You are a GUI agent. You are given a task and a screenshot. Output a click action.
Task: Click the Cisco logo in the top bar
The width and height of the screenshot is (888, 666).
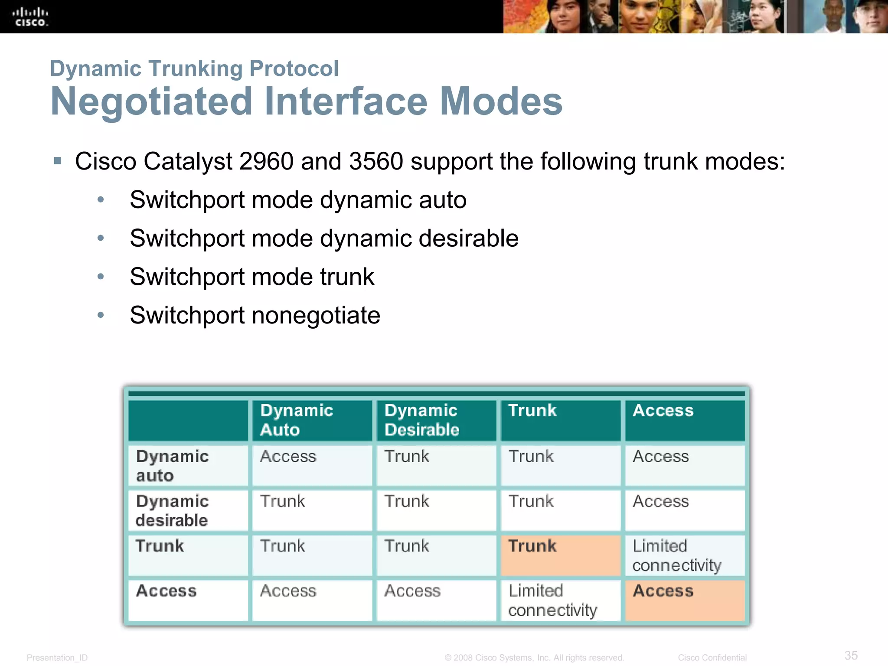(x=30, y=17)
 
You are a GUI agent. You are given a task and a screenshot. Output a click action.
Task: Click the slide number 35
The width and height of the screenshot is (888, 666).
(x=851, y=655)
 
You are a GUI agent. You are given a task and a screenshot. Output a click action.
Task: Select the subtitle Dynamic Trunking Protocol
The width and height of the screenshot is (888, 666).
(x=194, y=69)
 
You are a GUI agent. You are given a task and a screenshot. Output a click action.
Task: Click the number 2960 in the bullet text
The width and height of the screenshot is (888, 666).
(x=266, y=161)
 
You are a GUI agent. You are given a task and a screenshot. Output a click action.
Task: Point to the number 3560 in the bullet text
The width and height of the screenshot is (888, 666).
(x=376, y=161)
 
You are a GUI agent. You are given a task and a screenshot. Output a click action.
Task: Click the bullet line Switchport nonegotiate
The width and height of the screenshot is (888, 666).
(x=255, y=315)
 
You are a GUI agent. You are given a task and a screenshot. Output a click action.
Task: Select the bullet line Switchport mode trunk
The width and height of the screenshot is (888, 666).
(x=252, y=277)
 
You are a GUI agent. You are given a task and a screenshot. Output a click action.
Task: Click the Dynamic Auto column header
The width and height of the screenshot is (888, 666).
(x=297, y=420)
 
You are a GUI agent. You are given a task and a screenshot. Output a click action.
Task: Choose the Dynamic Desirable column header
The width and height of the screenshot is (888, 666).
(x=421, y=420)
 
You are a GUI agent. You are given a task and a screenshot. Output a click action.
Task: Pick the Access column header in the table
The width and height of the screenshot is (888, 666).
(x=663, y=411)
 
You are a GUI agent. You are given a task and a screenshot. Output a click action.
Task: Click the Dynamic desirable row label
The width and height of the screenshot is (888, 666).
(x=172, y=510)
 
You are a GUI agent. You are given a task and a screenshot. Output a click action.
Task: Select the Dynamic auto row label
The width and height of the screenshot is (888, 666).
(x=172, y=466)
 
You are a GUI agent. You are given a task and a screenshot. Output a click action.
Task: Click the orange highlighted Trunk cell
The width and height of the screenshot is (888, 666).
(x=560, y=555)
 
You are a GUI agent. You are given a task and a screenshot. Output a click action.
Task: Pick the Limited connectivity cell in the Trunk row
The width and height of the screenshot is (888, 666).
(x=677, y=555)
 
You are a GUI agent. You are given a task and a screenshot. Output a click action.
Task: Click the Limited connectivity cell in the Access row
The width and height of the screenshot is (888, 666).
(x=552, y=601)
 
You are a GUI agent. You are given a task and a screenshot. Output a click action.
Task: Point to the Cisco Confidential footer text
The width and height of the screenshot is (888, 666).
(x=712, y=658)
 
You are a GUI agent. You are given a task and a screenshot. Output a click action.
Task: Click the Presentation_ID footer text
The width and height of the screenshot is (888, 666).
(x=57, y=658)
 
